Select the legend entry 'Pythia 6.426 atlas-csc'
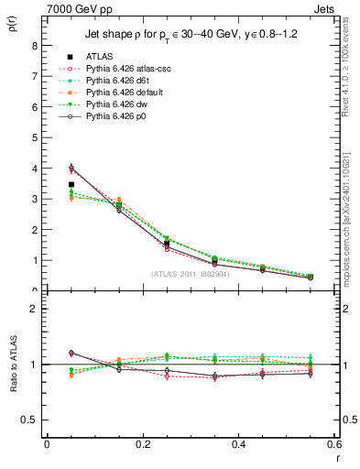pos(128,69)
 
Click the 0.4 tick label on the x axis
pos(238,445)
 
